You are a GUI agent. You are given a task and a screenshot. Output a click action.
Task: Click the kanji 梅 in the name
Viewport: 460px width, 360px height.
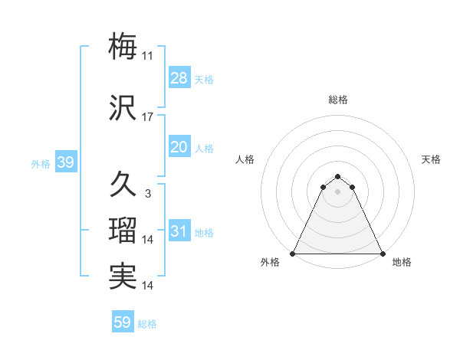pos(123,46)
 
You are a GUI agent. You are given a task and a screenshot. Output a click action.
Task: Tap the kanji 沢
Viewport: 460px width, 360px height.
pos(123,108)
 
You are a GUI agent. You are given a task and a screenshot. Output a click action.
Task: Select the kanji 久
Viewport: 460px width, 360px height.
pos(123,184)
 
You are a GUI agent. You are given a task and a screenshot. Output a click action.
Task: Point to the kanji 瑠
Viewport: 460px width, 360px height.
pos(123,231)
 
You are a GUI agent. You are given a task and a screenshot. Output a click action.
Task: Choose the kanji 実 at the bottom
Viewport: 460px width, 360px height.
pos(123,276)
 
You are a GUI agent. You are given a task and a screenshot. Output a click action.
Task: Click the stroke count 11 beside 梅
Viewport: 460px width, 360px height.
pos(148,56)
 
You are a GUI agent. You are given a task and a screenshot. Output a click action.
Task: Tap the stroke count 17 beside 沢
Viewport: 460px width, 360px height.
pos(148,117)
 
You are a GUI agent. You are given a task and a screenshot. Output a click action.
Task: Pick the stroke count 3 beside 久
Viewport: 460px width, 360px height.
pos(147,194)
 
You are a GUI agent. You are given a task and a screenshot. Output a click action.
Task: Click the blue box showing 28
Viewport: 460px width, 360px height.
pos(179,78)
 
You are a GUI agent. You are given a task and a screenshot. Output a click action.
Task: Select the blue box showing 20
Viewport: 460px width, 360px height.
pos(179,147)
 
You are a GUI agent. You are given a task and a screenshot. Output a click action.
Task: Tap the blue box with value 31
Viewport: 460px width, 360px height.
pos(179,231)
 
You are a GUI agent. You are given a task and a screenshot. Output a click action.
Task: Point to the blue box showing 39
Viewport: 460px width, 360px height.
pos(65,162)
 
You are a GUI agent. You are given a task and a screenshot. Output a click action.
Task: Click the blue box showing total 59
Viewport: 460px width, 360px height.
pos(123,322)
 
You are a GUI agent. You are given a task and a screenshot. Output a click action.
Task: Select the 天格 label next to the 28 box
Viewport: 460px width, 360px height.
pos(204,80)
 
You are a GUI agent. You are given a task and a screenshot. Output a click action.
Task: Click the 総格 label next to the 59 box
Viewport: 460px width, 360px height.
pos(147,324)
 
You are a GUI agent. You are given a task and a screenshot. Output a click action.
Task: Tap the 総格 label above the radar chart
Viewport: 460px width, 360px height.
pos(338,100)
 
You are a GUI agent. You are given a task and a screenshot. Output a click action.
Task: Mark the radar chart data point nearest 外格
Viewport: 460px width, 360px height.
pos(293,254)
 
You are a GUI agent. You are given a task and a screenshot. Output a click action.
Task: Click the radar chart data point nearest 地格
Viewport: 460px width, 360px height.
pos(383,254)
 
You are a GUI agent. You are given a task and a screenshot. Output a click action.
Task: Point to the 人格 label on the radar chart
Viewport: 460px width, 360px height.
pos(245,159)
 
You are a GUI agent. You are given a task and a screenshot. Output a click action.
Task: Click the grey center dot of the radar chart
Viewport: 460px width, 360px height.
pos(338,191)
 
